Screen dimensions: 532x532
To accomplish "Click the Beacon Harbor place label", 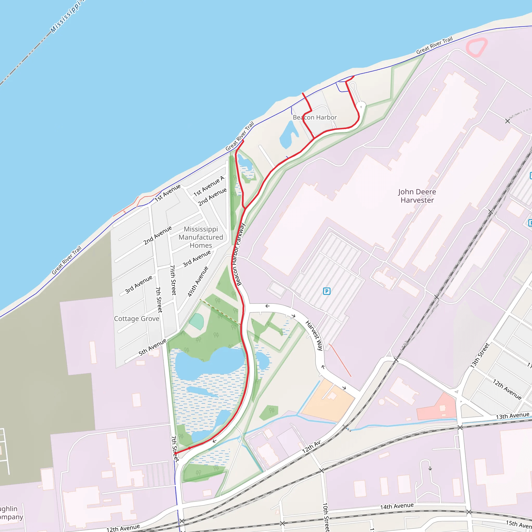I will tap(315, 118).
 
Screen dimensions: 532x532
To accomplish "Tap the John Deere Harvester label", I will tap(417, 196).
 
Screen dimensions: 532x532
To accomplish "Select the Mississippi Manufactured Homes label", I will tap(201, 237).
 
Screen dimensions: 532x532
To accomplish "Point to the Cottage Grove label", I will tap(137, 318).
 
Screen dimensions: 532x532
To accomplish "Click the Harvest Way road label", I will tap(314, 335).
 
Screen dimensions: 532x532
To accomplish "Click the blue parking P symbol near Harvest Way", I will tap(327, 291).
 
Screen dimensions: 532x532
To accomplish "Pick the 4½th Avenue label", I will tap(198, 281).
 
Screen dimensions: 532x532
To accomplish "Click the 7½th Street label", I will tap(173, 280).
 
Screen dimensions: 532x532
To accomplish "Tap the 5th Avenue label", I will tap(152, 347).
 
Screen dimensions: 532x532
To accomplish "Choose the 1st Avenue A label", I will tap(209, 186).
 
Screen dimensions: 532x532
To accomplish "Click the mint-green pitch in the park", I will tap(197, 321).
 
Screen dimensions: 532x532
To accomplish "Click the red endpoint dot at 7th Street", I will tap(175, 453).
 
